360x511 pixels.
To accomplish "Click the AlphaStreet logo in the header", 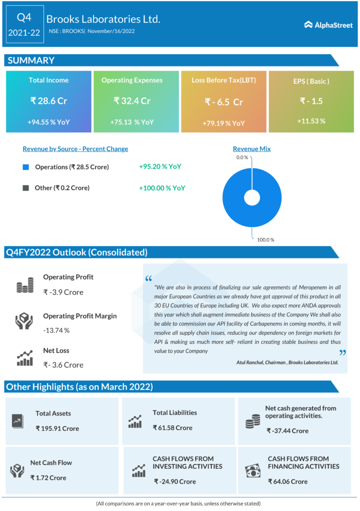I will coord(328,24).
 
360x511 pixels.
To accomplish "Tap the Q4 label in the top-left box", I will coord(24,17).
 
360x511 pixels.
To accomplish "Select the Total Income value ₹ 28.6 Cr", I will coord(48,101).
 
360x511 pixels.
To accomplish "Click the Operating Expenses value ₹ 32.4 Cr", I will coord(132,101).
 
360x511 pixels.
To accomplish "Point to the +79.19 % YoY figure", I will coord(224,123).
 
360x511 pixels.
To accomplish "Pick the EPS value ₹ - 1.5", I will coord(311,101).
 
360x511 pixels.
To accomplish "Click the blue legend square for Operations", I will coord(26,167).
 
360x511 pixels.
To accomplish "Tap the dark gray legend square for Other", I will coord(26,188).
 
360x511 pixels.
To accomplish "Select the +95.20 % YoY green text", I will coord(160,167).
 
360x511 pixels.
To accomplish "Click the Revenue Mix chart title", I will coord(252,149).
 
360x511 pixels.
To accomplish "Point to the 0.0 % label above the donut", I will coord(242,158).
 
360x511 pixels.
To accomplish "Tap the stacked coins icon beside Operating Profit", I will coord(24,285).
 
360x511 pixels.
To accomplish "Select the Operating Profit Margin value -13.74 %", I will coord(56,330).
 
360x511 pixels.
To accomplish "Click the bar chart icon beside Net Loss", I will coord(24,358).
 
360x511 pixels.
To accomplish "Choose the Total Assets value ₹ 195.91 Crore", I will coord(57,428).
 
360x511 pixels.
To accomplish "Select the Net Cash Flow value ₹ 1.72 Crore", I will coord(48,478).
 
